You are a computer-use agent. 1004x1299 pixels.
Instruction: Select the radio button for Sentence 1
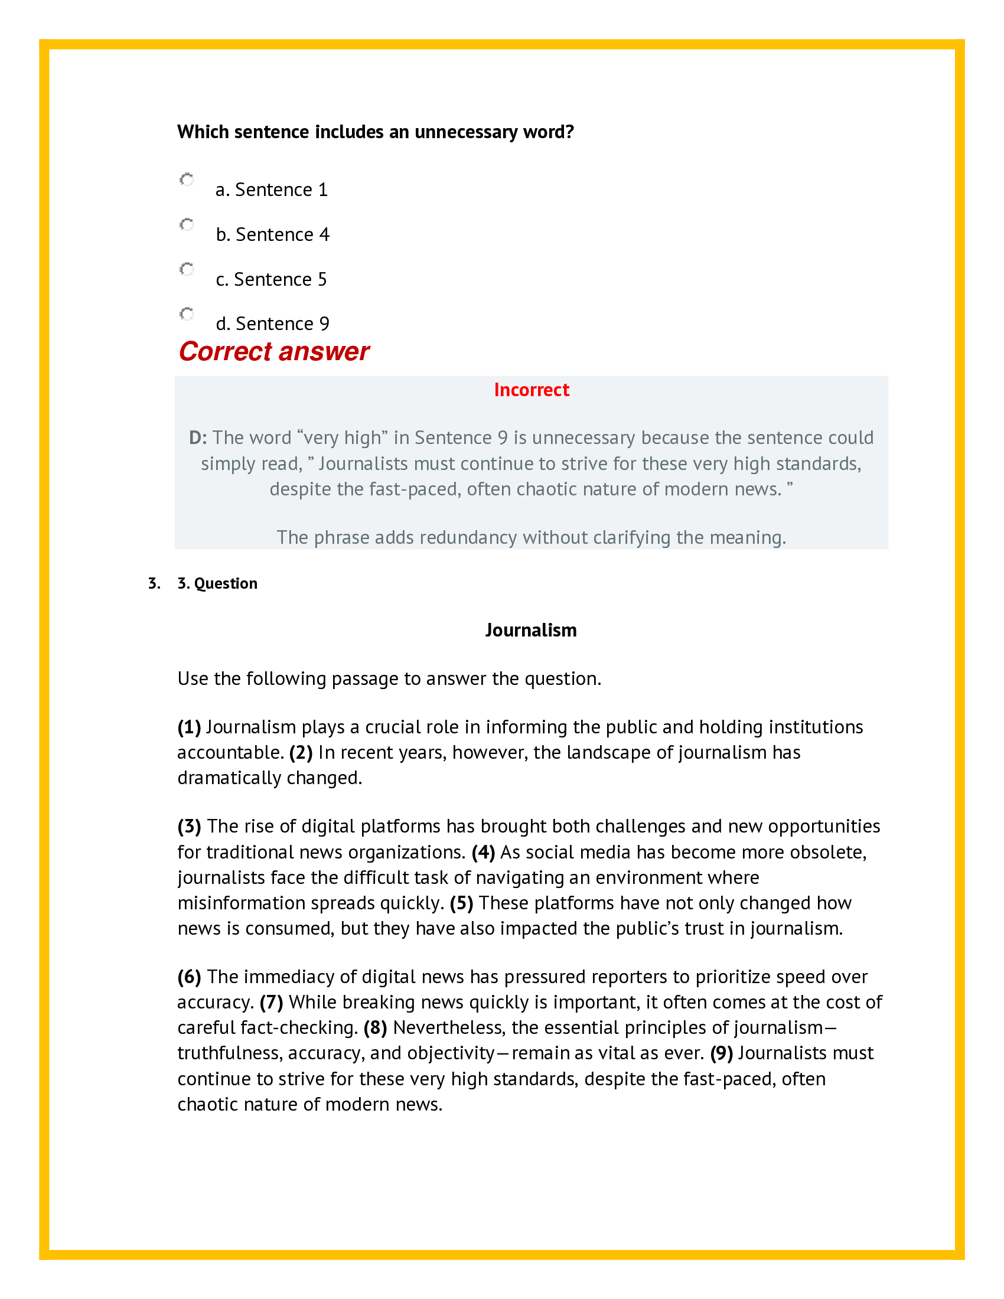tap(187, 179)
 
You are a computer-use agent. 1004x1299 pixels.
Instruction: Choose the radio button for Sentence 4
tap(187, 224)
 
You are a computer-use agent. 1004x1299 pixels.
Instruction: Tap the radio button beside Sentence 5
tap(187, 269)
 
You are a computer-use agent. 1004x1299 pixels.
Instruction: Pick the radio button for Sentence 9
tap(187, 314)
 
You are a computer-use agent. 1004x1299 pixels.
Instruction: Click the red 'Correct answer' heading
tap(273, 351)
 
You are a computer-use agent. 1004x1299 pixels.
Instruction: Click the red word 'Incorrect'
tap(531, 390)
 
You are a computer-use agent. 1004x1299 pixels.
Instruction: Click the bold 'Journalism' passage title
tap(530, 630)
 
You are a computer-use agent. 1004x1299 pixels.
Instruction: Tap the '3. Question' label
tap(217, 583)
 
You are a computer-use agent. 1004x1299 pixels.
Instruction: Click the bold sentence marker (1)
tap(189, 727)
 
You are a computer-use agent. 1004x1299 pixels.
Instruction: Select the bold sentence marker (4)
tap(483, 852)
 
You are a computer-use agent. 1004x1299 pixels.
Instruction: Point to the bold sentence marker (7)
tap(271, 1002)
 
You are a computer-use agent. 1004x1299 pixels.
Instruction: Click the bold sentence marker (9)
tap(721, 1053)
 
